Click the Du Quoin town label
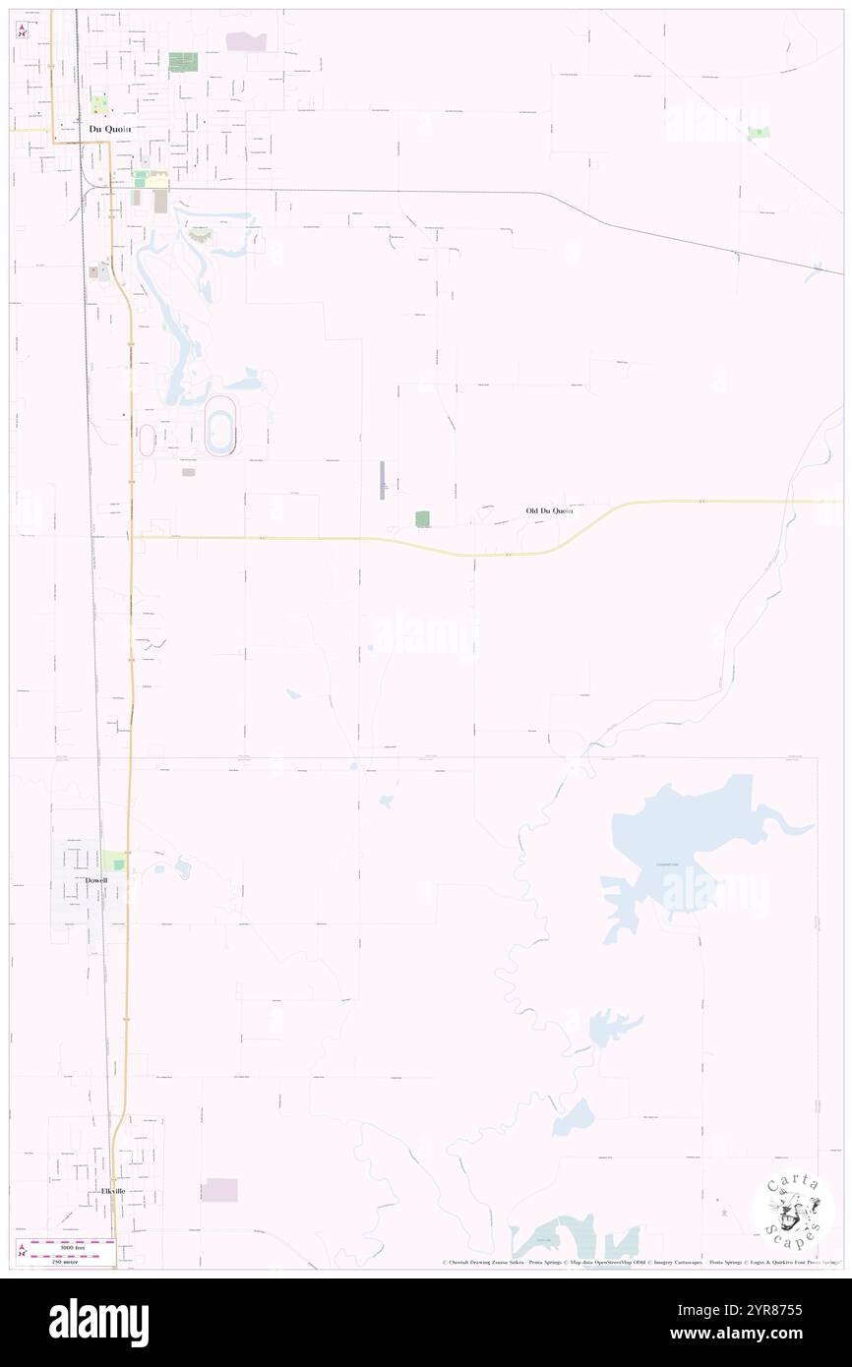(108, 128)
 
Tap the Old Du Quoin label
(548, 511)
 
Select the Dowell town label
(96, 881)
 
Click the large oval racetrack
(220, 426)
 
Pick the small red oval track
(148, 440)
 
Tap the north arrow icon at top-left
(22, 30)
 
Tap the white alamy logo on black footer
(98, 1323)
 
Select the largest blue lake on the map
(679, 836)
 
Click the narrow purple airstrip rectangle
(383, 480)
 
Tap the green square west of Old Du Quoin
(422, 518)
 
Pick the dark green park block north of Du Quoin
(183, 62)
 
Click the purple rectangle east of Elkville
(221, 1190)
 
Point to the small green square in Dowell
(119, 864)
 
